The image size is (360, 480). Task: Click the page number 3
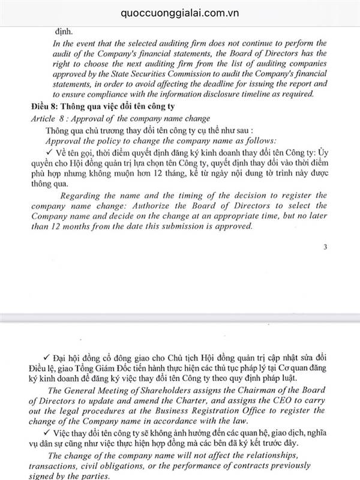point(325,247)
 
